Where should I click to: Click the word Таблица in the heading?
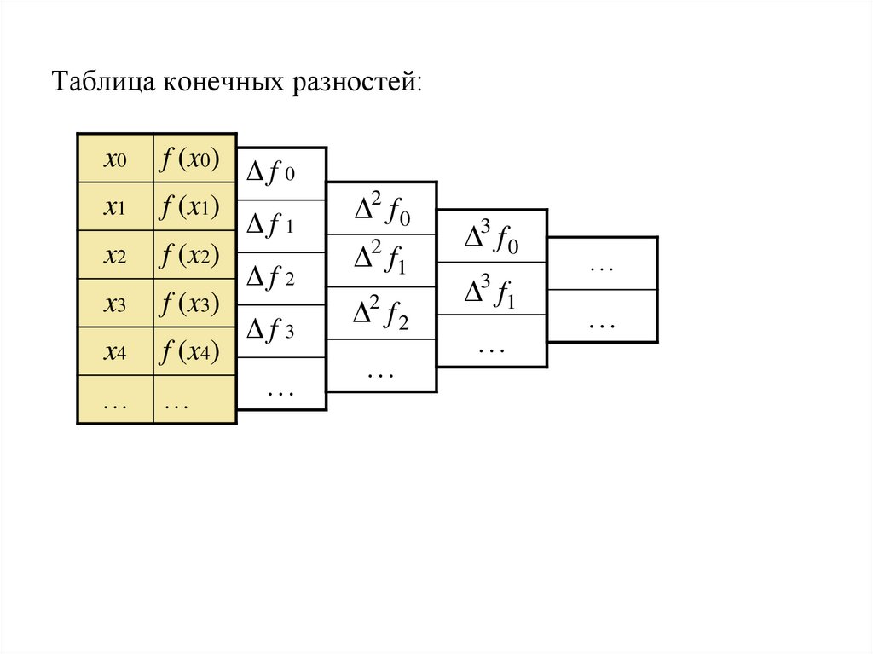pos(103,82)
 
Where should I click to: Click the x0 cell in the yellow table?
pos(115,159)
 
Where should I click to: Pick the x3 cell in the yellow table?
pos(115,303)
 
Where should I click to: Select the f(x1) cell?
pos(195,206)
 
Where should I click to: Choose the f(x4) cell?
pos(195,351)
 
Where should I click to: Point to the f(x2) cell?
pos(195,255)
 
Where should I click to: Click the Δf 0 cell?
pos(281,174)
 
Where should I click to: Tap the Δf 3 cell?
pos(281,332)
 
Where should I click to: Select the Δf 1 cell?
pos(281,226)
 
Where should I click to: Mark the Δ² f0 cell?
pos(381,208)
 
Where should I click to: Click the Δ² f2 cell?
pos(381,313)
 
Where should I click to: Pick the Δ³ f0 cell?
pos(492,236)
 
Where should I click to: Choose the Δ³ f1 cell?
pos(492,288)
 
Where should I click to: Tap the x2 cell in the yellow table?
pos(115,255)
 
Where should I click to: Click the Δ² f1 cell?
pos(381,261)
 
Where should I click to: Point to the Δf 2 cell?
pos(281,279)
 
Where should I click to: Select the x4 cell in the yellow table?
pos(115,351)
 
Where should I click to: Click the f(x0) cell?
pos(195,159)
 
